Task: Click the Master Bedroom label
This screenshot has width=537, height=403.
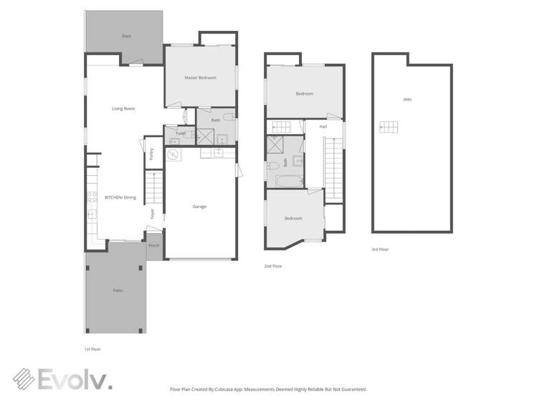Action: [x=200, y=77]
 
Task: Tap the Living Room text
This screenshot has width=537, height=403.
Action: [x=123, y=109]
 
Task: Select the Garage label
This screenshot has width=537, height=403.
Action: [x=199, y=207]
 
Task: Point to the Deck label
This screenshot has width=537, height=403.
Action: [x=126, y=35]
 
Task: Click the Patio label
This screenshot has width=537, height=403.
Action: [x=117, y=290]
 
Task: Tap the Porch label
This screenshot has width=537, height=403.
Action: [x=153, y=245]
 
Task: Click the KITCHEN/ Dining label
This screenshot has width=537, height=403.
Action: [x=120, y=197]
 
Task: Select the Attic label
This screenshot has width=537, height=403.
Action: [x=407, y=99]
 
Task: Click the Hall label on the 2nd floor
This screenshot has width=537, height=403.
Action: [x=323, y=126]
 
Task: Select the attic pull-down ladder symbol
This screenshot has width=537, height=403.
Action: [x=388, y=127]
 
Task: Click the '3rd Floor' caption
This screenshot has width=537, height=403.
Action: [x=380, y=249]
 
